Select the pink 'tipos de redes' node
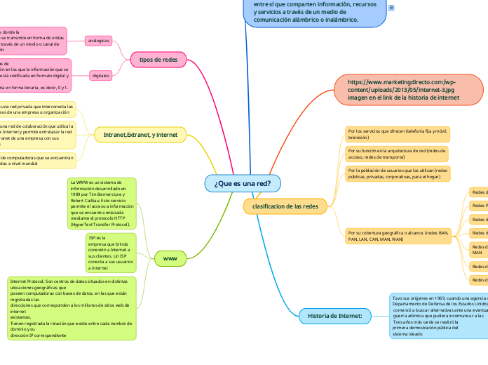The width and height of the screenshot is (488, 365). point(158,60)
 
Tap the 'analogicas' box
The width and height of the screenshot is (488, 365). point(98,41)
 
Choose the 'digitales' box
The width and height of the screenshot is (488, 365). point(100,74)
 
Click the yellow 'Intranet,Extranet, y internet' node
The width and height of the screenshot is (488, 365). point(140,133)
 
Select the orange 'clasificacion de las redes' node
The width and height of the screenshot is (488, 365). point(285,206)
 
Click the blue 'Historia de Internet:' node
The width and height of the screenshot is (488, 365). point(334,317)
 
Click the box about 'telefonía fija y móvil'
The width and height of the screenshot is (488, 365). point(396,134)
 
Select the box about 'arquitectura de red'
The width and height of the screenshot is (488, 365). point(396,154)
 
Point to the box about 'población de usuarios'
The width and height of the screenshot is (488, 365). point(396,173)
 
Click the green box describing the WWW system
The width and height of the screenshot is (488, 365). point(102,204)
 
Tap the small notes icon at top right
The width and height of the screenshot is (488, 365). point(391,7)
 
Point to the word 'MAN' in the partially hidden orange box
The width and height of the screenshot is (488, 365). point(477,252)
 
